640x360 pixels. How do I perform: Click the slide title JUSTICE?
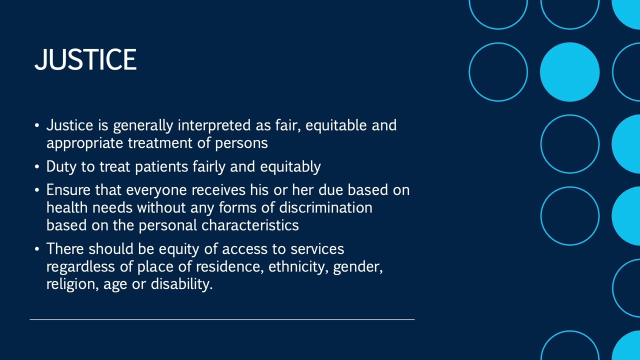click(85, 59)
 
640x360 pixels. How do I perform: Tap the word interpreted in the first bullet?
click(218, 125)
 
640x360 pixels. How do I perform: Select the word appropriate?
click(85, 143)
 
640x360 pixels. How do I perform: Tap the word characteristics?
click(250, 225)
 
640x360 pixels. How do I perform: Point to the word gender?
click(357, 267)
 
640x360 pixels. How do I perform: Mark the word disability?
click(181, 284)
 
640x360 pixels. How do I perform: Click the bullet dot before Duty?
click(37, 167)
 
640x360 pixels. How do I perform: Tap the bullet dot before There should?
click(37, 249)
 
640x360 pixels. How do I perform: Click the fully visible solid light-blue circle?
click(569, 72)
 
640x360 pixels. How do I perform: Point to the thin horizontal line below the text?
click(222, 319)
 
